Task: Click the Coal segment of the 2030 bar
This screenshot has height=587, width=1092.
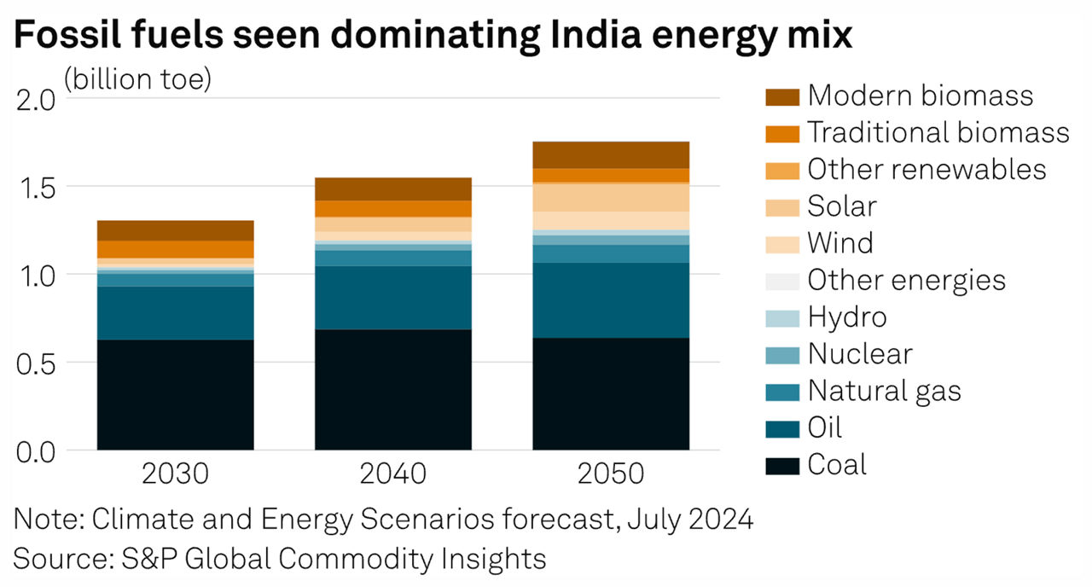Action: pos(175,394)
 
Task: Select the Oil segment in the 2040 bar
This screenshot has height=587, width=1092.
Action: pos(392,298)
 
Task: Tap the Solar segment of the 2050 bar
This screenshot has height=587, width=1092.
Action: pos(611,197)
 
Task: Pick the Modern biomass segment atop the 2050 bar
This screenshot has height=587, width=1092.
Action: pos(611,154)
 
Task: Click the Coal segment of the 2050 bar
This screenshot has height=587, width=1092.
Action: pos(611,393)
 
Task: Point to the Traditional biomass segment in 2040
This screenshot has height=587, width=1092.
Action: pos(392,208)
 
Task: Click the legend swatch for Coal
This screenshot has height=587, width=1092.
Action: pos(781,466)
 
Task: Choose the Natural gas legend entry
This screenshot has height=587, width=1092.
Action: pos(884,392)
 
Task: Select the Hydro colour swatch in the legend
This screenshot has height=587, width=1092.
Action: pos(781,318)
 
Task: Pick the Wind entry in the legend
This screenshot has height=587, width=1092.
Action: pos(840,244)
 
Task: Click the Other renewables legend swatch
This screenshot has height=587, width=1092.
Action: pos(781,171)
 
